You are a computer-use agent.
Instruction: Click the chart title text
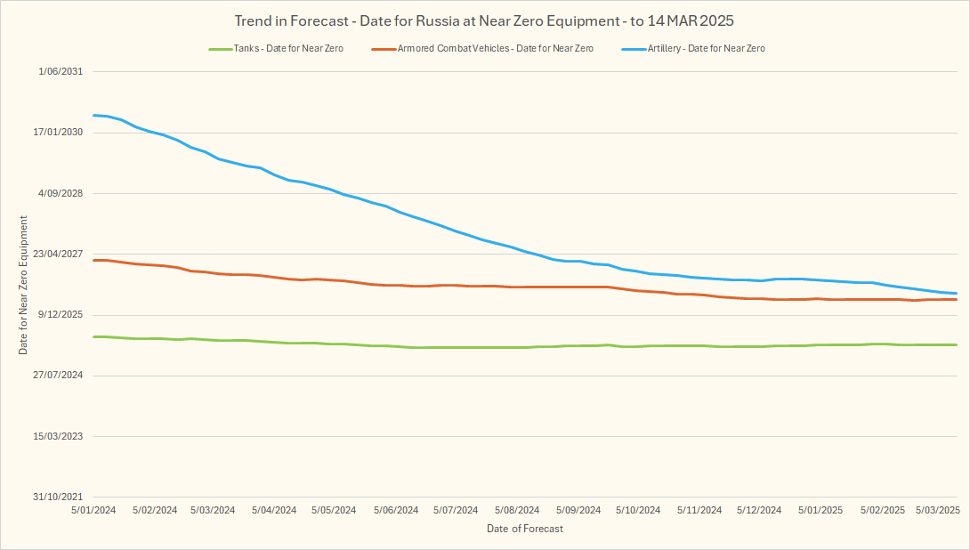484,20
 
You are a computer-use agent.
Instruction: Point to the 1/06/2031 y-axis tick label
61,72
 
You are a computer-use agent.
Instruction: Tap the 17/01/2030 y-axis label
59,133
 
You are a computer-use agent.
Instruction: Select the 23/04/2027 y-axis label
59,254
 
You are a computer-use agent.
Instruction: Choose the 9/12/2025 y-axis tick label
61,314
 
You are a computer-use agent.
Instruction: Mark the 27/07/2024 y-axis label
59,376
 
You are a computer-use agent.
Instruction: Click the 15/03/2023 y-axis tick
59,436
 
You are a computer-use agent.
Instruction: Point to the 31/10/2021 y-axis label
59,497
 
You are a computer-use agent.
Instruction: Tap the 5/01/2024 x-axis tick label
93,510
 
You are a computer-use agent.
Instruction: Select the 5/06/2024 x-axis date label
395,510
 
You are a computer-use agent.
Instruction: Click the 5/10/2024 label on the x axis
638,510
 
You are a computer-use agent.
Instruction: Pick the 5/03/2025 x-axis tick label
938,510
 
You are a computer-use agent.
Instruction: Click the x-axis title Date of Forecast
525,529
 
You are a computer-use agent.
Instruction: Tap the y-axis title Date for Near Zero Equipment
24,285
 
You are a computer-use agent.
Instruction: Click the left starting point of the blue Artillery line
93,115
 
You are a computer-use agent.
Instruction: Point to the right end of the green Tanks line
957,344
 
